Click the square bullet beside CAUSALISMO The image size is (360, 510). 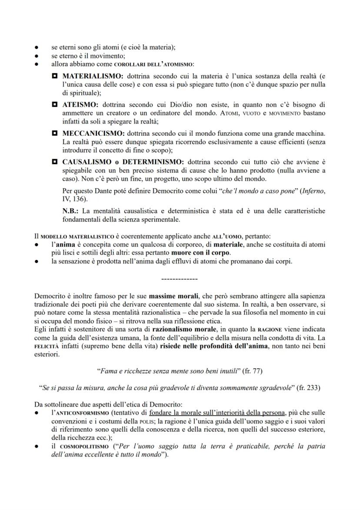tap(55, 160)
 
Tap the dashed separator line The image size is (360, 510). tap(179, 279)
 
